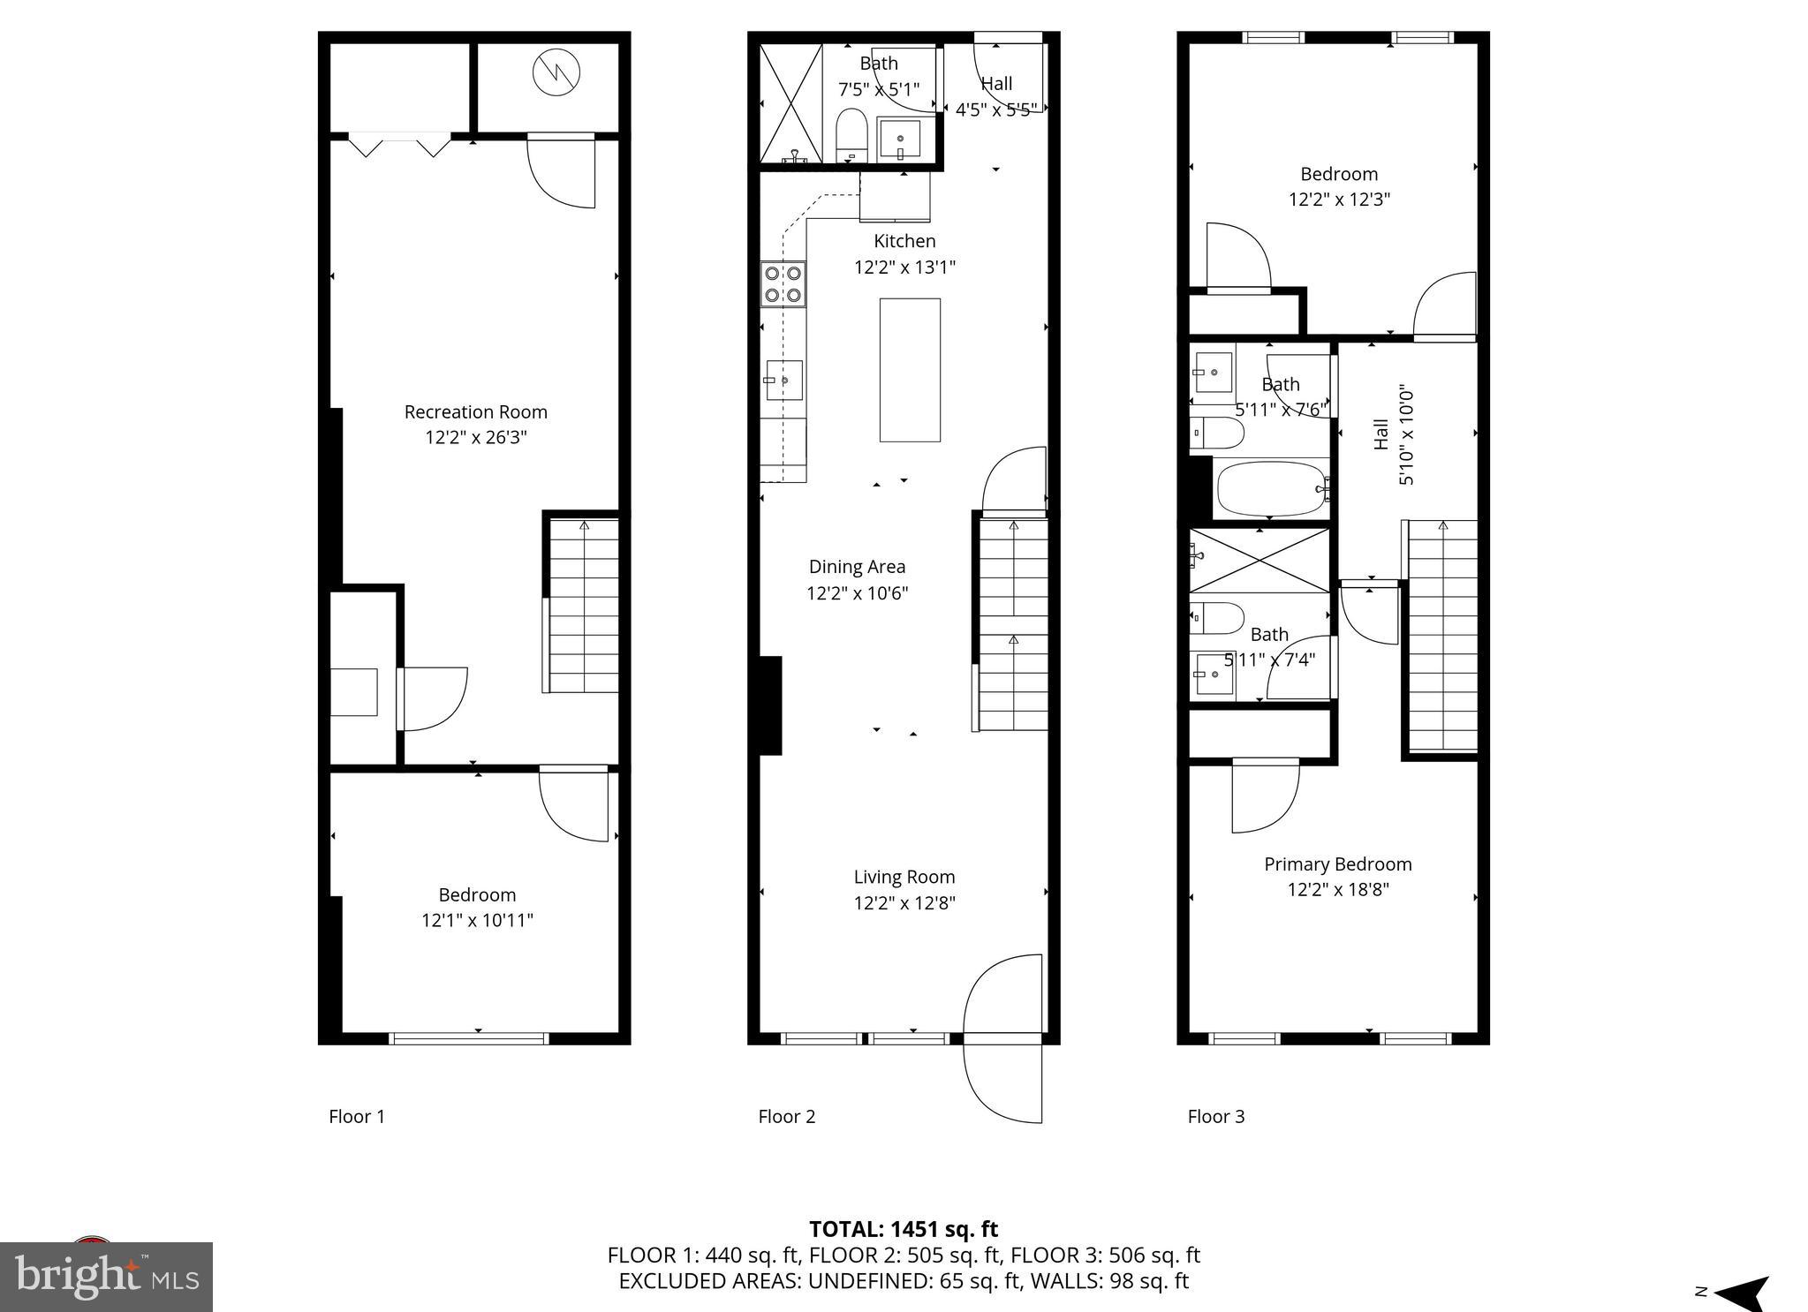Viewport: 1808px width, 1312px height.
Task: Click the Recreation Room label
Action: [x=475, y=411]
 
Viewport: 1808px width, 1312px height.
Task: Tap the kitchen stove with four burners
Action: [x=783, y=284]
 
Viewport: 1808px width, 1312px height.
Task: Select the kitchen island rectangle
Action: [x=910, y=370]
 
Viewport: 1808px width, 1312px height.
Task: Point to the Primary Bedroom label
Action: [x=1337, y=863]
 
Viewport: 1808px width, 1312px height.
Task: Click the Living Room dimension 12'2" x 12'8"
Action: [x=904, y=902]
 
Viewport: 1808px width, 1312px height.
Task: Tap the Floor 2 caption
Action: [x=786, y=1116]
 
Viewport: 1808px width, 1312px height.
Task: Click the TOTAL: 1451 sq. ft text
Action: [x=903, y=1228]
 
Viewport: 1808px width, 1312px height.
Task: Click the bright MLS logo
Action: [x=106, y=1277]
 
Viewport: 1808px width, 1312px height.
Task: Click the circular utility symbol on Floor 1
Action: [x=556, y=72]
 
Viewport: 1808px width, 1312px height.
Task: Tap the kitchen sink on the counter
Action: [x=783, y=381]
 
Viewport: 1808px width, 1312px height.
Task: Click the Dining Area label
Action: [x=857, y=566]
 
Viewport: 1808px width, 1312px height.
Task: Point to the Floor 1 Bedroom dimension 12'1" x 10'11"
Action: [x=477, y=920]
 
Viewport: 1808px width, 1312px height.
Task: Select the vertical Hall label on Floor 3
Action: [x=1381, y=434]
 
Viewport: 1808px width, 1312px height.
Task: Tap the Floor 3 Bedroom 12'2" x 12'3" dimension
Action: [x=1339, y=199]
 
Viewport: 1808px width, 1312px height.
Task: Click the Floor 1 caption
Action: [x=357, y=1116]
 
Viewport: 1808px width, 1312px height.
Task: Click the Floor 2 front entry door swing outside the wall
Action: [x=1002, y=1082]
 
